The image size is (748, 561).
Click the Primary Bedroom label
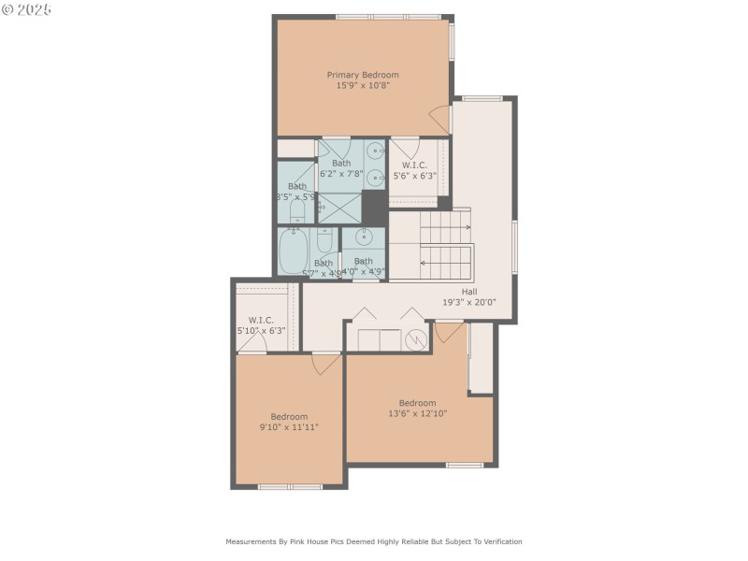point(362,75)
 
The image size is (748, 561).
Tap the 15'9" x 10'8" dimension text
point(362,85)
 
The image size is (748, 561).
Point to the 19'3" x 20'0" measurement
point(468,302)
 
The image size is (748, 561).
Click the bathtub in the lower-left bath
point(294,252)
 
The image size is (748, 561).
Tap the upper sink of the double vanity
point(374,150)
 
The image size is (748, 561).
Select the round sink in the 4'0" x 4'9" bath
point(364,237)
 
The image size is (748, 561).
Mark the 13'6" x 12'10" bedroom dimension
point(417,413)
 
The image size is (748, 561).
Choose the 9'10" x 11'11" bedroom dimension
point(289,427)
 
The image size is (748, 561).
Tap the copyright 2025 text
point(27,9)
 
